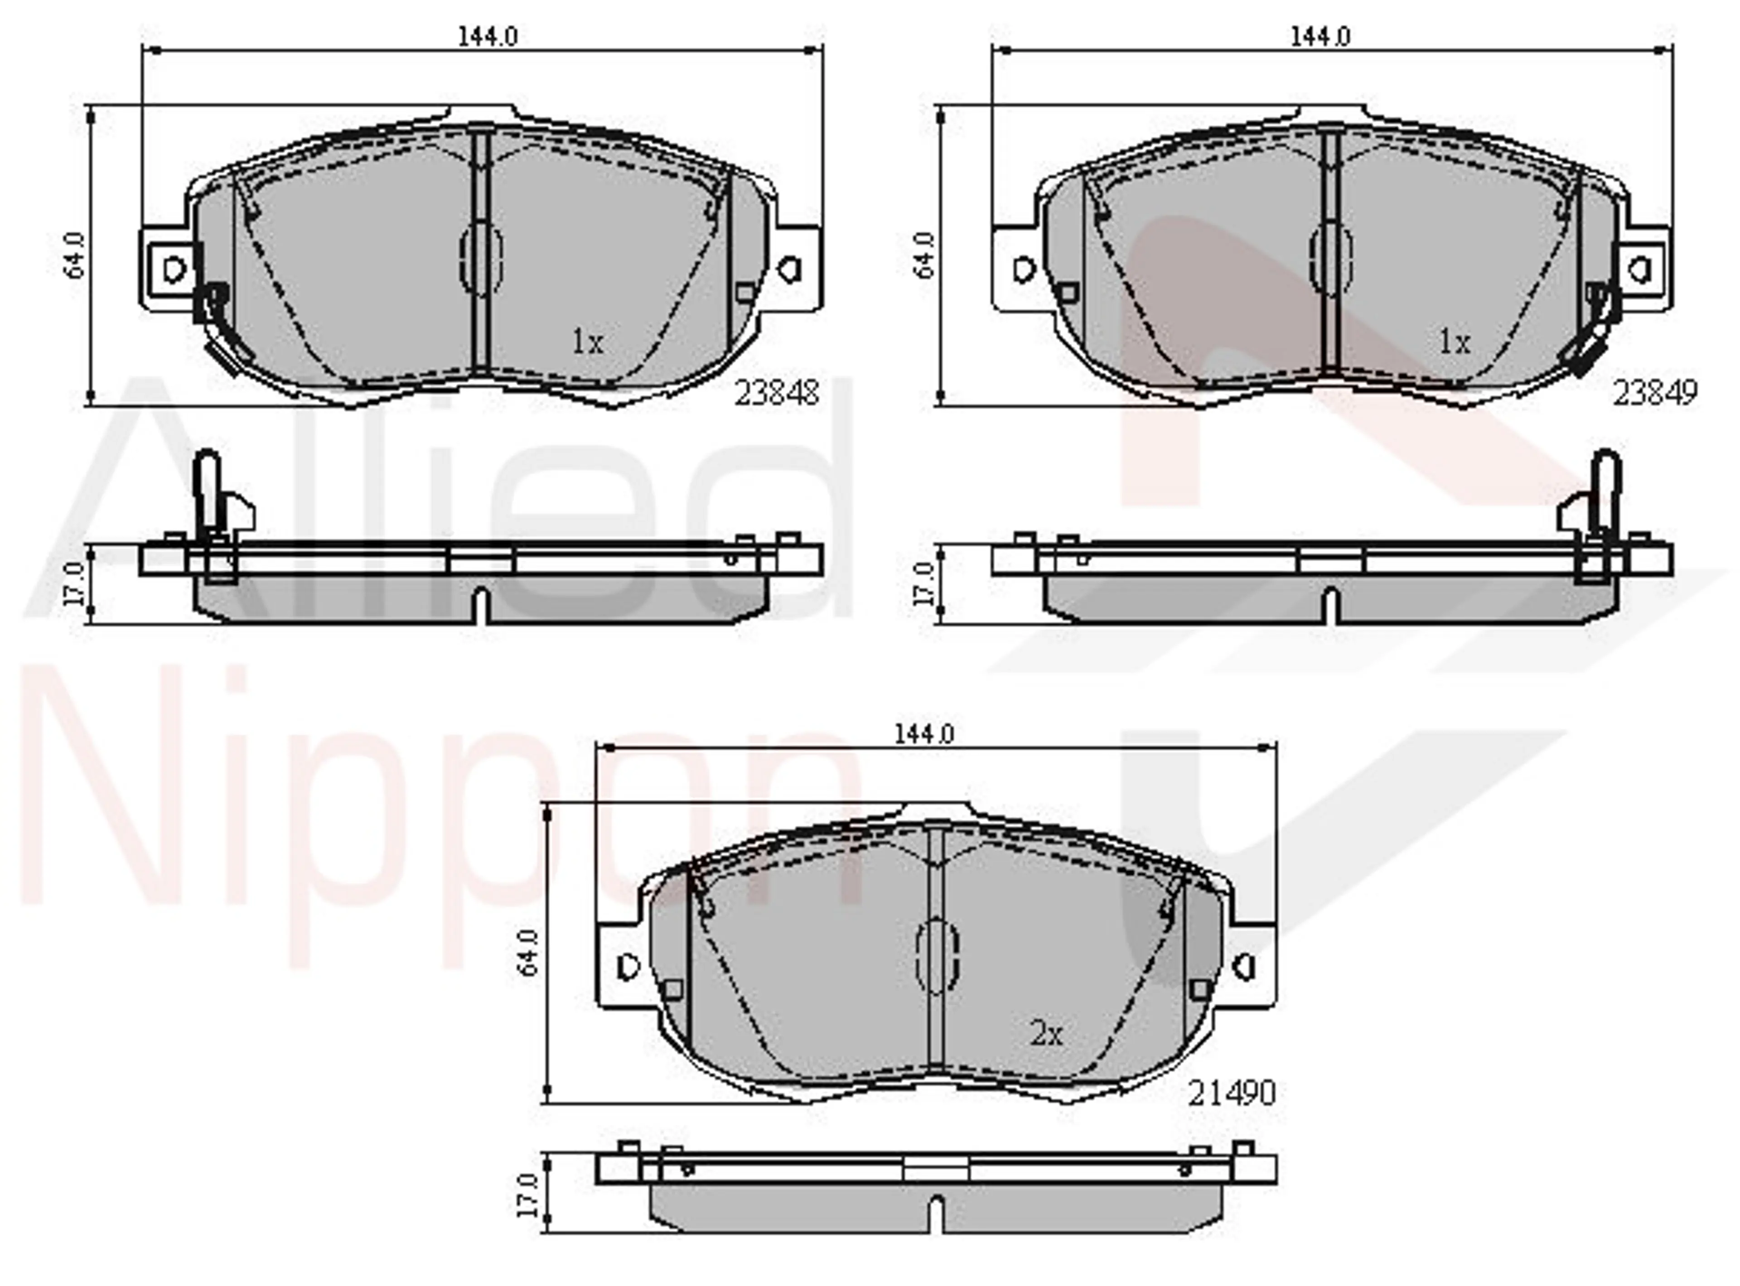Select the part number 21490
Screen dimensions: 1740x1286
point(1231,1094)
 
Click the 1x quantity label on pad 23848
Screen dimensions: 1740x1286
point(588,342)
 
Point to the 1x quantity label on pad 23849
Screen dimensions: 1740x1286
point(1454,342)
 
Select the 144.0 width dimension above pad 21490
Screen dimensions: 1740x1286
point(923,734)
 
